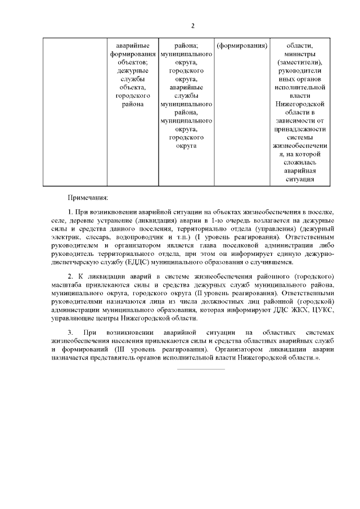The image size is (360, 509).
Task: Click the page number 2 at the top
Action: click(192, 26)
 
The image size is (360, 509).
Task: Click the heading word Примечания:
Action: click(88, 197)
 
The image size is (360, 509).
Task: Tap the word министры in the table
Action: click(300, 54)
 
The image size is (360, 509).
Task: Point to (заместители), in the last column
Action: click(300, 62)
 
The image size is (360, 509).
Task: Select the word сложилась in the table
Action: click(300, 162)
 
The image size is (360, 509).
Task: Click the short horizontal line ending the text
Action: click(201, 369)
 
